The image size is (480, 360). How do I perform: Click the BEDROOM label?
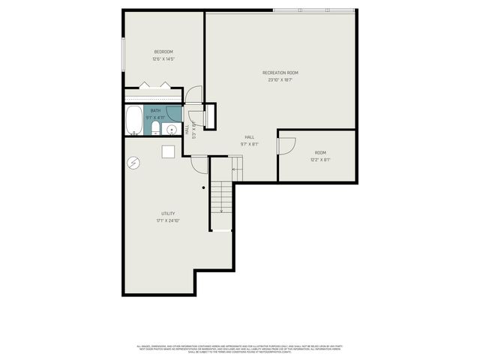coord(163,52)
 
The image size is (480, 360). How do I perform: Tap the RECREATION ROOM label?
coord(280,73)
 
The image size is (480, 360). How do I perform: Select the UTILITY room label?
coord(168,214)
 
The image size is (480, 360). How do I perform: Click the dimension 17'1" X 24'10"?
coord(168,221)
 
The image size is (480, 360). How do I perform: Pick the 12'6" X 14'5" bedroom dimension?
coord(163,59)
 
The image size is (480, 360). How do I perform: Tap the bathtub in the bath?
coord(133,120)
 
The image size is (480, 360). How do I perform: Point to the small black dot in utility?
coord(203,187)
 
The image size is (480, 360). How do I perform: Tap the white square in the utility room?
coord(169,151)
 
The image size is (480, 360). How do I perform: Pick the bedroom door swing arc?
coord(194,95)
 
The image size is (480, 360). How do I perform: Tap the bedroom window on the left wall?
coord(124,54)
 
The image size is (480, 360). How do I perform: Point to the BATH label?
coord(154,111)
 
